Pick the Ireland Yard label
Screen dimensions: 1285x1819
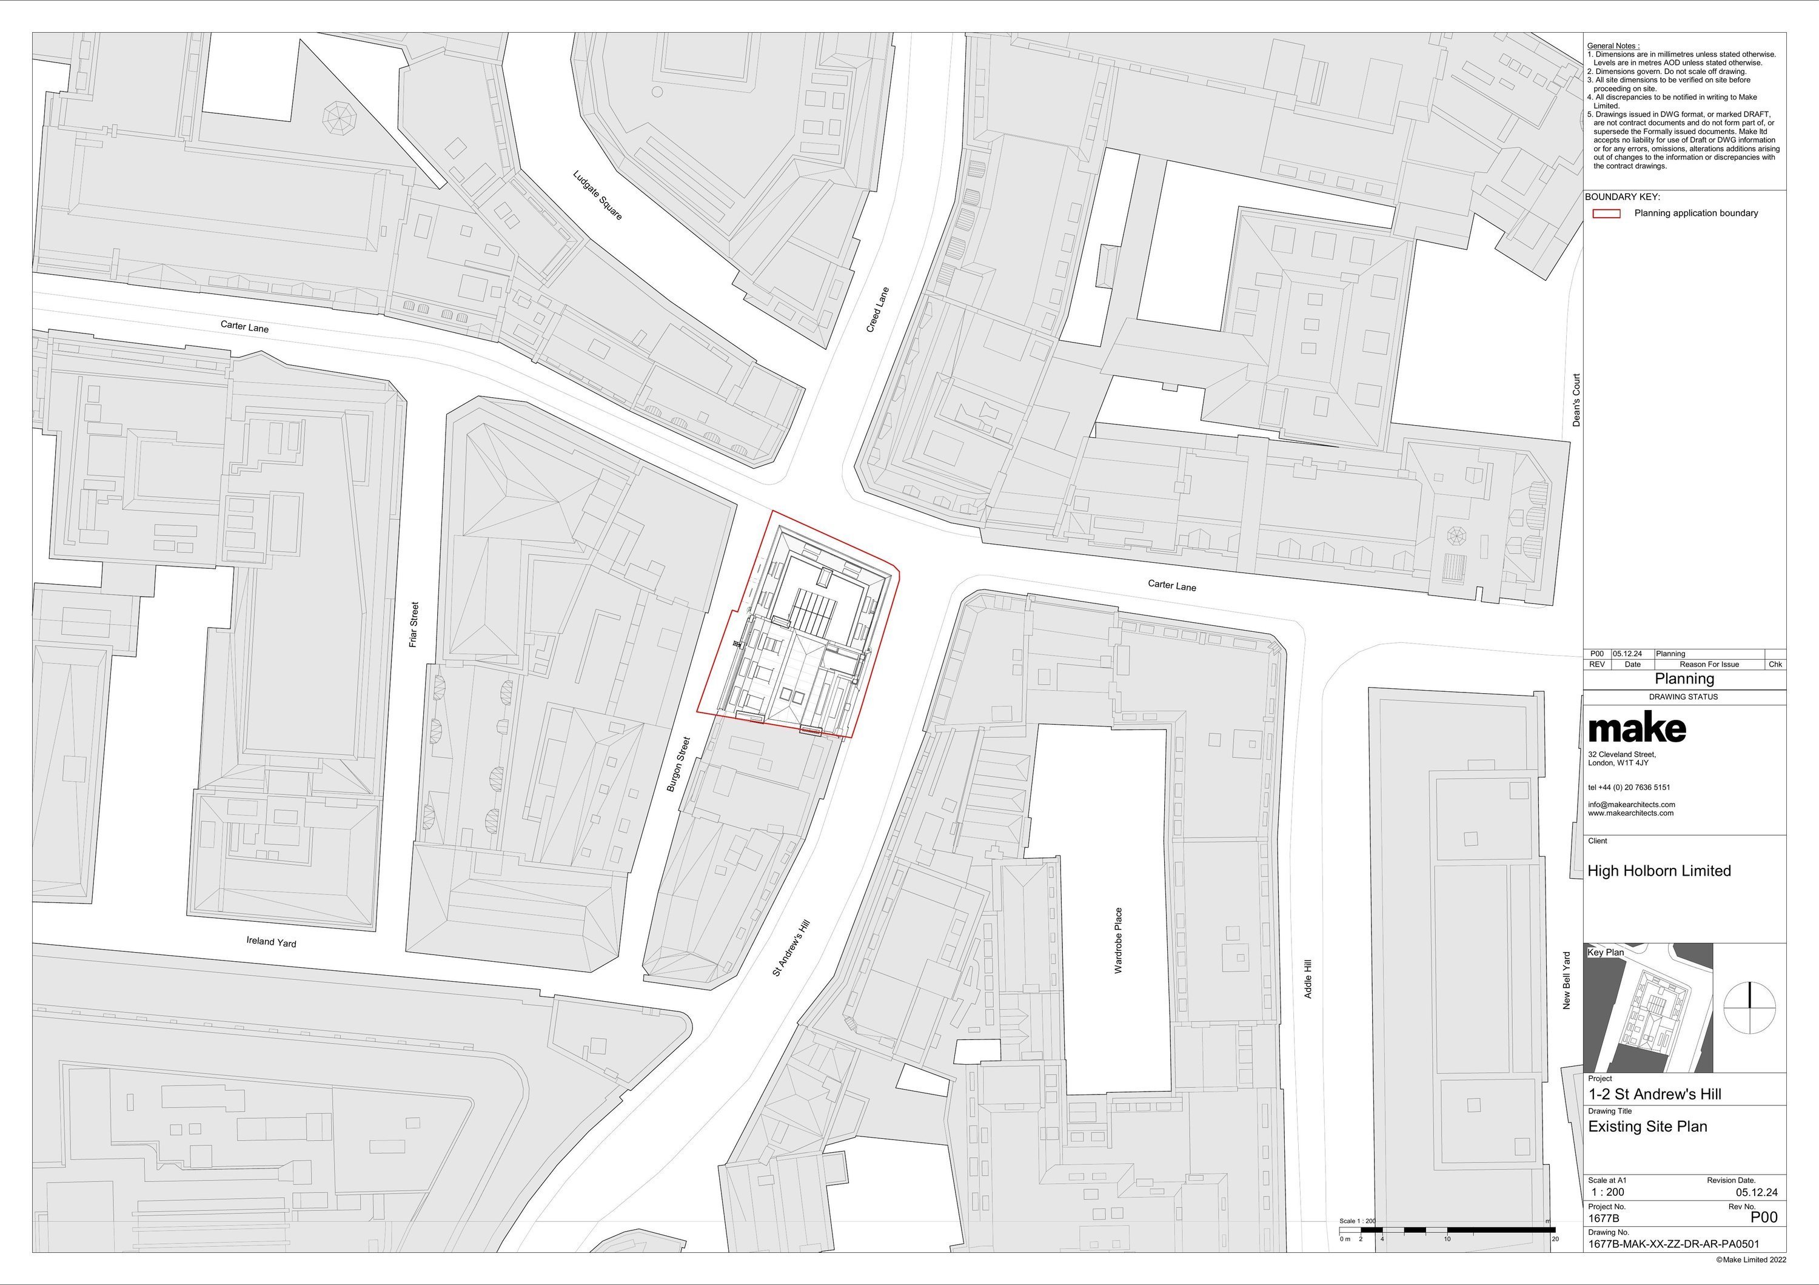(271, 941)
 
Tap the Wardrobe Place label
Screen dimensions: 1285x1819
(1118, 941)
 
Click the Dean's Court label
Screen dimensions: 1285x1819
(1576, 400)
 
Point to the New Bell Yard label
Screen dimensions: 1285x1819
(1566, 981)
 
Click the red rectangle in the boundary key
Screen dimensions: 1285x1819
(1606, 213)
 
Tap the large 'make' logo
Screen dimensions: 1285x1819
(1636, 728)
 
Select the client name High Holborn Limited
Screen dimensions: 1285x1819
(1659, 871)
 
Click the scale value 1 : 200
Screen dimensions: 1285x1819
(1607, 1192)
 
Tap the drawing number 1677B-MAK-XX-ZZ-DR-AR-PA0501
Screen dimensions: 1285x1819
(1672, 1244)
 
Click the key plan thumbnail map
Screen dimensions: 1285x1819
(1648, 1008)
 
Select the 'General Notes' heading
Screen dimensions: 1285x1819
(1613, 46)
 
